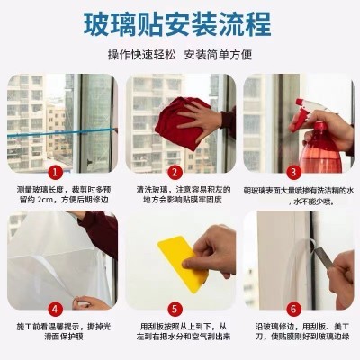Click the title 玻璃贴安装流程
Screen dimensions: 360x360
point(180,22)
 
